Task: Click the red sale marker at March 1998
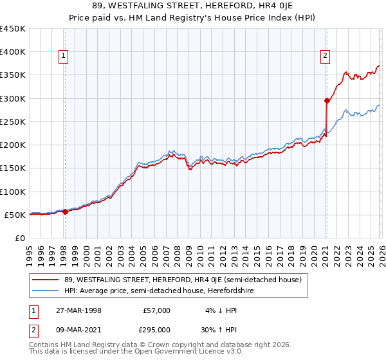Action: [65, 212]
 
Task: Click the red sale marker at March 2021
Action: [327, 100]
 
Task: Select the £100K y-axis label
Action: [13, 192]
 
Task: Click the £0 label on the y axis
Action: [19, 238]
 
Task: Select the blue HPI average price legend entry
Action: [159, 291]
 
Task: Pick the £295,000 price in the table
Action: [156, 329]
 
